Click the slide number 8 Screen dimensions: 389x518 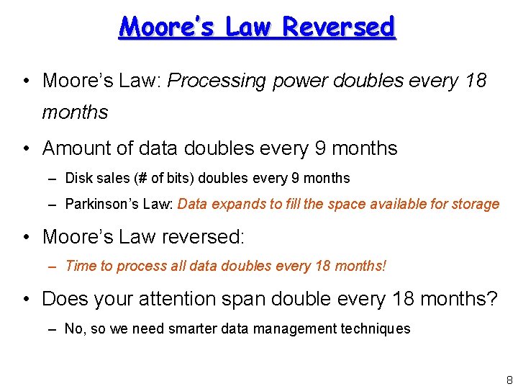click(x=509, y=380)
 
